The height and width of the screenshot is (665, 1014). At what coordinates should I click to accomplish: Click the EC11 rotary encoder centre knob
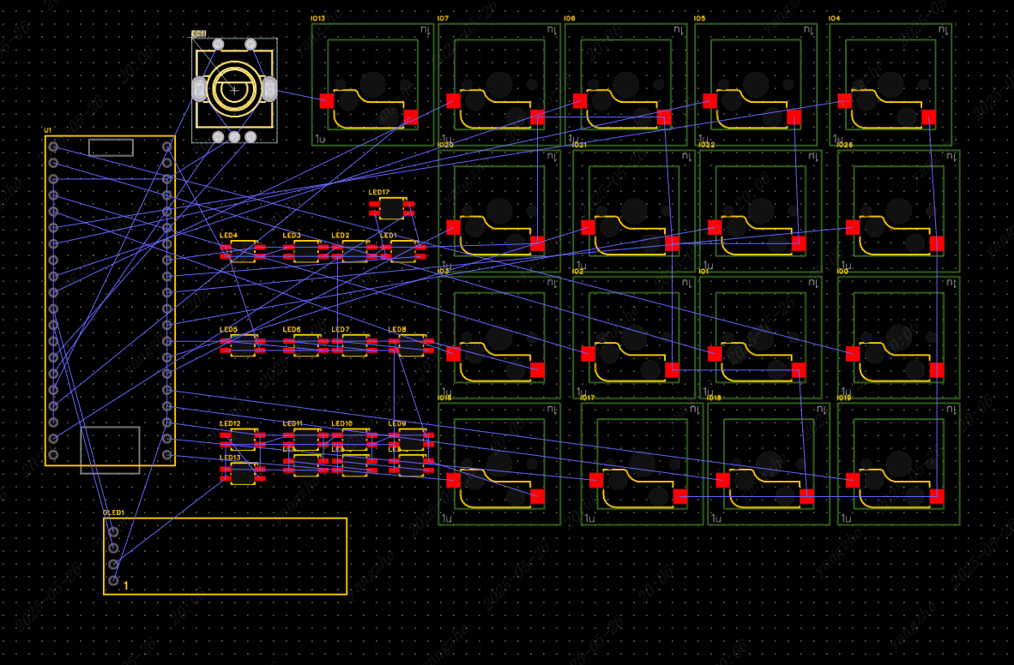(233, 88)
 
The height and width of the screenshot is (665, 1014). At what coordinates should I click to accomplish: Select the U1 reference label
(48, 130)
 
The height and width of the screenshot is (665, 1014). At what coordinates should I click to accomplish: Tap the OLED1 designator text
(113, 512)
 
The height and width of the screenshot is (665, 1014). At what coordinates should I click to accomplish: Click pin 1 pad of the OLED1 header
(113, 580)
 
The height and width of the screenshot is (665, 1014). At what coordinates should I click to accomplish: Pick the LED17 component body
(392, 207)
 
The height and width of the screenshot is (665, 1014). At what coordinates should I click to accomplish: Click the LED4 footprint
(243, 251)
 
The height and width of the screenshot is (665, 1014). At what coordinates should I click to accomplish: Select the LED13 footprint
(243, 474)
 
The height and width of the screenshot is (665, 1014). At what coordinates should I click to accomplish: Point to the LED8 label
(397, 330)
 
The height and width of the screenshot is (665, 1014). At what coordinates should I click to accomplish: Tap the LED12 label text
(230, 424)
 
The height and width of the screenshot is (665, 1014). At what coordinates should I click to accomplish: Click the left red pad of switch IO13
(327, 100)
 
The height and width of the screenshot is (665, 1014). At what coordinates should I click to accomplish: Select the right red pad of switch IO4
(928, 117)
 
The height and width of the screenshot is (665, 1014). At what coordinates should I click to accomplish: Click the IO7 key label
(443, 19)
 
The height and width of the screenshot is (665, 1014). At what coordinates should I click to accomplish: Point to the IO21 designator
(579, 145)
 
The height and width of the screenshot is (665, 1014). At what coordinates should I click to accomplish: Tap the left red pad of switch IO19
(853, 480)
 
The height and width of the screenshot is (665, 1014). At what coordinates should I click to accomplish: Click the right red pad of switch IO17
(680, 496)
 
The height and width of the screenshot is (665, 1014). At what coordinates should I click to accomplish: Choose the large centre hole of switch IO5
(756, 84)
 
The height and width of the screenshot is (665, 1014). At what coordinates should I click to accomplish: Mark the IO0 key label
(842, 272)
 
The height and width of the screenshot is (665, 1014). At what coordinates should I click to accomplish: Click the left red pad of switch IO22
(715, 227)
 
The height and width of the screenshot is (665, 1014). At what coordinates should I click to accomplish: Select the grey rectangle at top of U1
(111, 147)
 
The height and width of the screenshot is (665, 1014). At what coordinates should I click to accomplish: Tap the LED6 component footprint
(306, 345)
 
